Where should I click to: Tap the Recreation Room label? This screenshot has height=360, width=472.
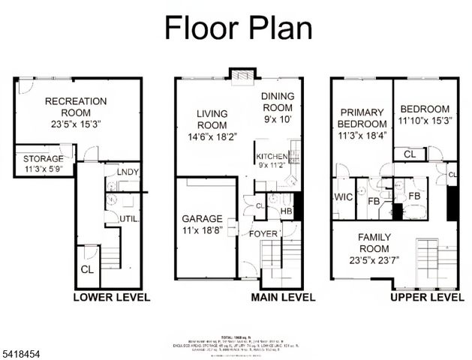click(x=75, y=108)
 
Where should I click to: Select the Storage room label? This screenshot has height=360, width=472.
click(x=42, y=159)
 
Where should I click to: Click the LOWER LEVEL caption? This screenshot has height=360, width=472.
click(x=111, y=297)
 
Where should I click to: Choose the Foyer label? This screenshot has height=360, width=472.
click(x=266, y=232)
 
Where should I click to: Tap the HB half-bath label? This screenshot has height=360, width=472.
click(x=286, y=211)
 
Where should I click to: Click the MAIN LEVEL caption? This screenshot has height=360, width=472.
click(x=281, y=297)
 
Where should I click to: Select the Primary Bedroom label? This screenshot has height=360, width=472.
click(x=361, y=118)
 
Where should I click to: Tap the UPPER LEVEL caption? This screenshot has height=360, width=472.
click(x=427, y=297)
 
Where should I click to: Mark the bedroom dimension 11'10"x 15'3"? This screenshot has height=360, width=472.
click(x=425, y=121)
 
